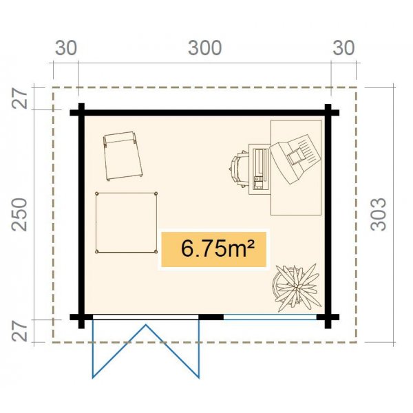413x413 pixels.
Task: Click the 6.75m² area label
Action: tap(213, 249)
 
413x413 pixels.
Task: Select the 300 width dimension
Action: tap(205, 48)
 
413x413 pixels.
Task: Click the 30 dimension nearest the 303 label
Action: tap(344, 48)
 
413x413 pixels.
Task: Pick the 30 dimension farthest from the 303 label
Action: tap(66, 48)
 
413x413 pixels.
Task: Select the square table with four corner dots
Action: tap(127, 223)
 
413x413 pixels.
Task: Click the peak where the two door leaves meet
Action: tap(146, 326)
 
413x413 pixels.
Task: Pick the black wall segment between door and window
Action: tap(212, 317)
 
